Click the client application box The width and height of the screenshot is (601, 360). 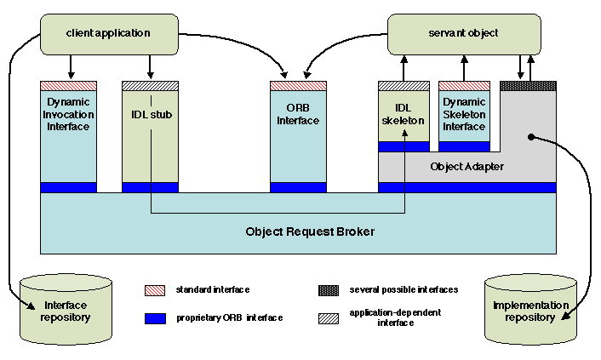pyautogui.click(x=107, y=33)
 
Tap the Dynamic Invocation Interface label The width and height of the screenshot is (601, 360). pyautogui.click(x=68, y=114)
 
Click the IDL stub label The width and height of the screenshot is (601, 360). pyautogui.click(x=150, y=114)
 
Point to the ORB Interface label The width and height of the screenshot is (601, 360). pyautogui.click(x=298, y=114)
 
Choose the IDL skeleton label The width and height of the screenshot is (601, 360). pyautogui.click(x=404, y=114)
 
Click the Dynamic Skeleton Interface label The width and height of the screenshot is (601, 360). pyautogui.click(x=465, y=114)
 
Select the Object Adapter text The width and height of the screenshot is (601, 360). pyautogui.click(x=467, y=167)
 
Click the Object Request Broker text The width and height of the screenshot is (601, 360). pyautogui.click(x=298, y=231)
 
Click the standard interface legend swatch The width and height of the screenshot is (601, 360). pyautogui.click(x=156, y=290)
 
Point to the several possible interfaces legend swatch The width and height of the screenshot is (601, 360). pyautogui.click(x=329, y=290)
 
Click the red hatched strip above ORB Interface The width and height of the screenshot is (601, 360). pyautogui.click(x=298, y=86)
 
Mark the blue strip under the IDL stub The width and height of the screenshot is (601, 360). pyautogui.click(x=150, y=187)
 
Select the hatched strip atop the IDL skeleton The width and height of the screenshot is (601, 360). pyautogui.click(x=404, y=86)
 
